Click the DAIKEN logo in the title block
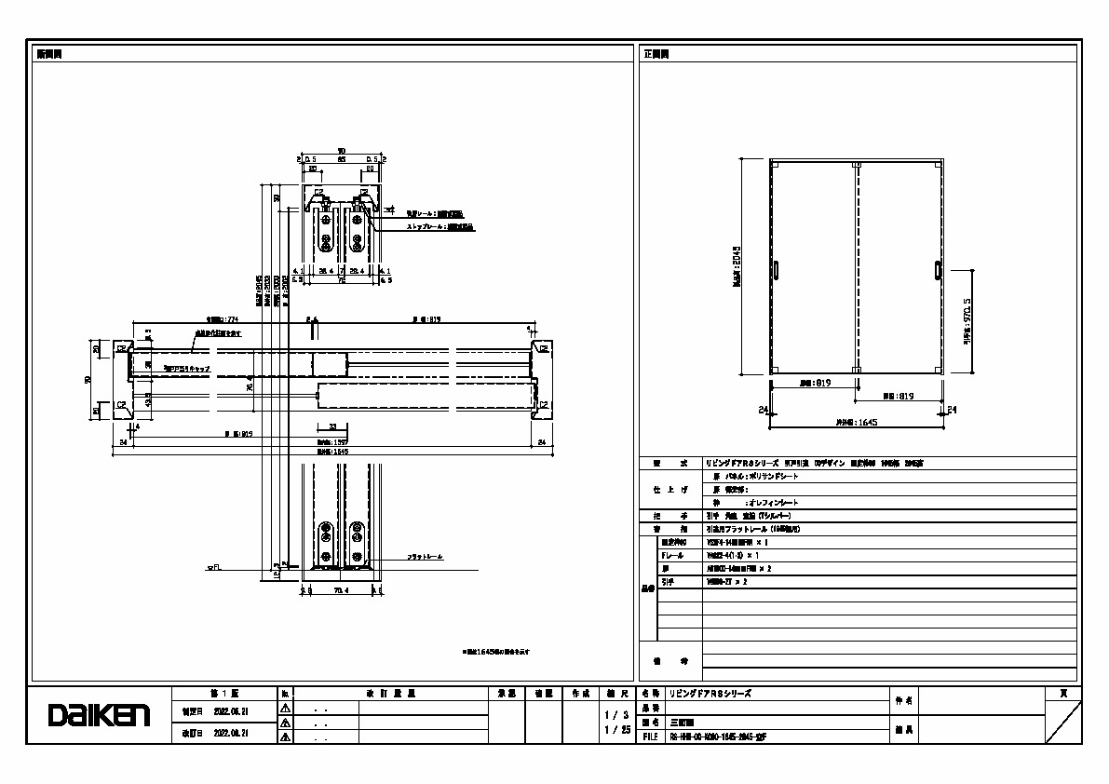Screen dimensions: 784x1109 click(99, 715)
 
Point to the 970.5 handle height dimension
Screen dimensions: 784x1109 click(968, 322)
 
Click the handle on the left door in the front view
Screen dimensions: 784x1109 click(776, 269)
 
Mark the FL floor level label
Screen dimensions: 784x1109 click(212, 566)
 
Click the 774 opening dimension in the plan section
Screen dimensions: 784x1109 click(216, 318)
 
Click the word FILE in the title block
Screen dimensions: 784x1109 click(651, 736)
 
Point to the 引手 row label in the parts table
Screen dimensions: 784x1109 click(668, 581)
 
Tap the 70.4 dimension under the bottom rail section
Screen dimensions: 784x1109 click(339, 589)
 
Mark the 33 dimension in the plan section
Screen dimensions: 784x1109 click(331, 426)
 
